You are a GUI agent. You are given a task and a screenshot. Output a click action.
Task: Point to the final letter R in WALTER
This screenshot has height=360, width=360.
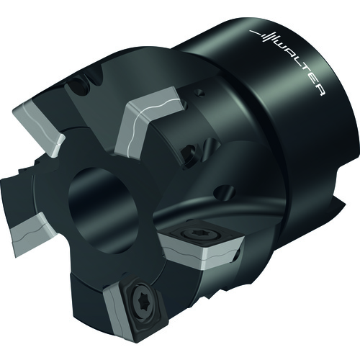[320, 90]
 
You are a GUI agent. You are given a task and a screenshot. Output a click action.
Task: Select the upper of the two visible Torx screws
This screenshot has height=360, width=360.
[195, 232]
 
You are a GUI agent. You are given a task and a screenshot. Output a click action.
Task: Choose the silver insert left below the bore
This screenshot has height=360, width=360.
[30, 233]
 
